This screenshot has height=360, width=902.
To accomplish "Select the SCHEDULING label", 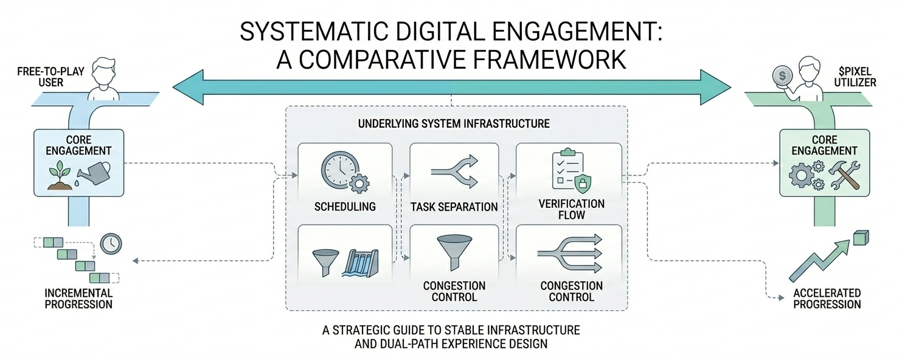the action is [x=345, y=207].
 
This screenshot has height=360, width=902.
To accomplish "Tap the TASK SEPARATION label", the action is [x=454, y=207].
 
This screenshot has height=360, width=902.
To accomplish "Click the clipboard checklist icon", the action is [x=566, y=168].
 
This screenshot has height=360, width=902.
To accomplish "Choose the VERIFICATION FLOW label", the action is [x=571, y=209].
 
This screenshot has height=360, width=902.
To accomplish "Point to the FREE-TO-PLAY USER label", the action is [x=42, y=76].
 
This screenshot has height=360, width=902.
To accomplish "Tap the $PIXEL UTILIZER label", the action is [x=858, y=76].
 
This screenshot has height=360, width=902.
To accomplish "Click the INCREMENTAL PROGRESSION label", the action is [x=78, y=298].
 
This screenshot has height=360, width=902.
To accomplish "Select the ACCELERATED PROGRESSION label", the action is [x=827, y=298].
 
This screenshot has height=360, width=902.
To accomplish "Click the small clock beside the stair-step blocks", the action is [x=111, y=243].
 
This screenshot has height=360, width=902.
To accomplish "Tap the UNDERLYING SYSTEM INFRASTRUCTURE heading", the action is [x=454, y=123].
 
